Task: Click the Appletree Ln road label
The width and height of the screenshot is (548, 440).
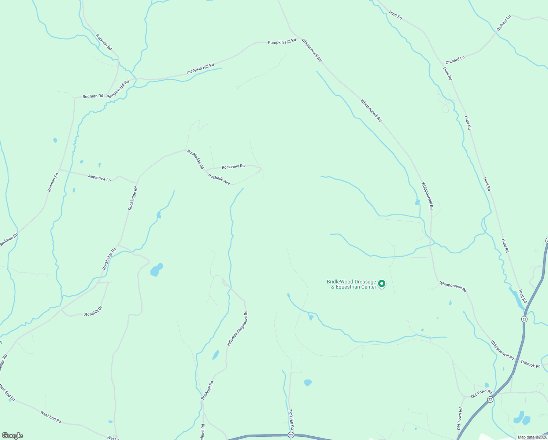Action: (99, 178)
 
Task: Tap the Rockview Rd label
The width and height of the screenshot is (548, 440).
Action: (233, 166)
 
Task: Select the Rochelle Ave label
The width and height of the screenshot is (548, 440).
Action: (219, 179)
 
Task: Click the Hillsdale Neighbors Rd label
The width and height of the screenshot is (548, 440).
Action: (237, 329)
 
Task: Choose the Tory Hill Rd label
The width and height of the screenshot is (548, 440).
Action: (292, 420)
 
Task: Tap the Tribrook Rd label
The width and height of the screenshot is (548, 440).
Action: (530, 364)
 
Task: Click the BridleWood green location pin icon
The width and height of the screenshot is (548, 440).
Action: (382, 283)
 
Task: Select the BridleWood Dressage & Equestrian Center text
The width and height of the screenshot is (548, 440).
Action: (352, 284)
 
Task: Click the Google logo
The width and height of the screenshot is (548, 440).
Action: (12, 436)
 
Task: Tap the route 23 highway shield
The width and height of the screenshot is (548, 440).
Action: (291, 435)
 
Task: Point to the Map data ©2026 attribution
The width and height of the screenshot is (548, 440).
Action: (532, 437)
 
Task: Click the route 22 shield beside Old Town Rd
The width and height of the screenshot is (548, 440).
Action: (490, 399)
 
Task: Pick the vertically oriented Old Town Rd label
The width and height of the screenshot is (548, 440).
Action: (459, 419)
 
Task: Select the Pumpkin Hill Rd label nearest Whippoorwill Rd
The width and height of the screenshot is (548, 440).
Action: (282, 42)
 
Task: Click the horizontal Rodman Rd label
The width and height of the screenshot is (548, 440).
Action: (93, 96)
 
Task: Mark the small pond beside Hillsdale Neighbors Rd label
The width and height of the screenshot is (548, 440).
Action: (215, 355)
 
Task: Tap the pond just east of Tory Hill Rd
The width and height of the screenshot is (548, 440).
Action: (308, 383)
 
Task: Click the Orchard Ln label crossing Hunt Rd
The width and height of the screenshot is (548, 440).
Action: (455, 60)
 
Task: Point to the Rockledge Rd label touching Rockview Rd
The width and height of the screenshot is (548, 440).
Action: (195, 159)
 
